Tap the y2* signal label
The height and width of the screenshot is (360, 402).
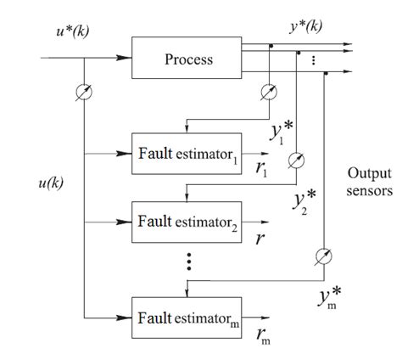tap(305, 201)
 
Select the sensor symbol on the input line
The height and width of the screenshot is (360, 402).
tap(85, 91)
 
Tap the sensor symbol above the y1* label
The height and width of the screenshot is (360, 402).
tap(271, 91)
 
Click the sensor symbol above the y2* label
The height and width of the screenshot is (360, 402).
tap(296, 160)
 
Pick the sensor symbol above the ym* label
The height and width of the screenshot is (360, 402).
tap(322, 255)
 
